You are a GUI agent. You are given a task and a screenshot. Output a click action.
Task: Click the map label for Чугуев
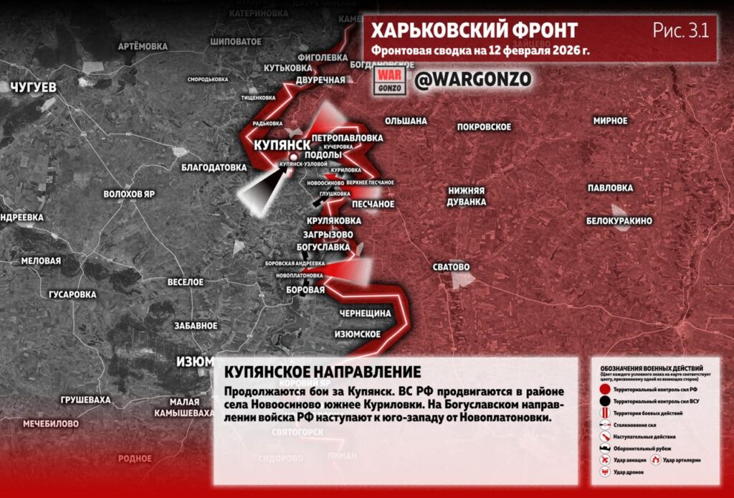pos(33,87)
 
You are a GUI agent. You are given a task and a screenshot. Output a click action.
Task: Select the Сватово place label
pos(451,267)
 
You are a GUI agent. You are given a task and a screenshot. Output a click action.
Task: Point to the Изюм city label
pos(195,361)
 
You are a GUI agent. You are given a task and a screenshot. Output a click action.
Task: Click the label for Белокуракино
pos(619,221)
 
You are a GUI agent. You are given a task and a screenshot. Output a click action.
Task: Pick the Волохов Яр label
pos(129,194)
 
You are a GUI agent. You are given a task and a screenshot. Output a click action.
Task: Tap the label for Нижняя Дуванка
pos(467,197)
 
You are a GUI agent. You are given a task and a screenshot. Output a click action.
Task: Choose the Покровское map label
pos(484,127)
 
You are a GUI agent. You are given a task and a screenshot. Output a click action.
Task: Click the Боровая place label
pos(305,290)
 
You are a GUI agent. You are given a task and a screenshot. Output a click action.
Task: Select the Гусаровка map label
pos(72,294)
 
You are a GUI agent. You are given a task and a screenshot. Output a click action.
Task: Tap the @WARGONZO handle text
pos(472,80)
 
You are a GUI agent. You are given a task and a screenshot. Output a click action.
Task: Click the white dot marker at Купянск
pos(292,157)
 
